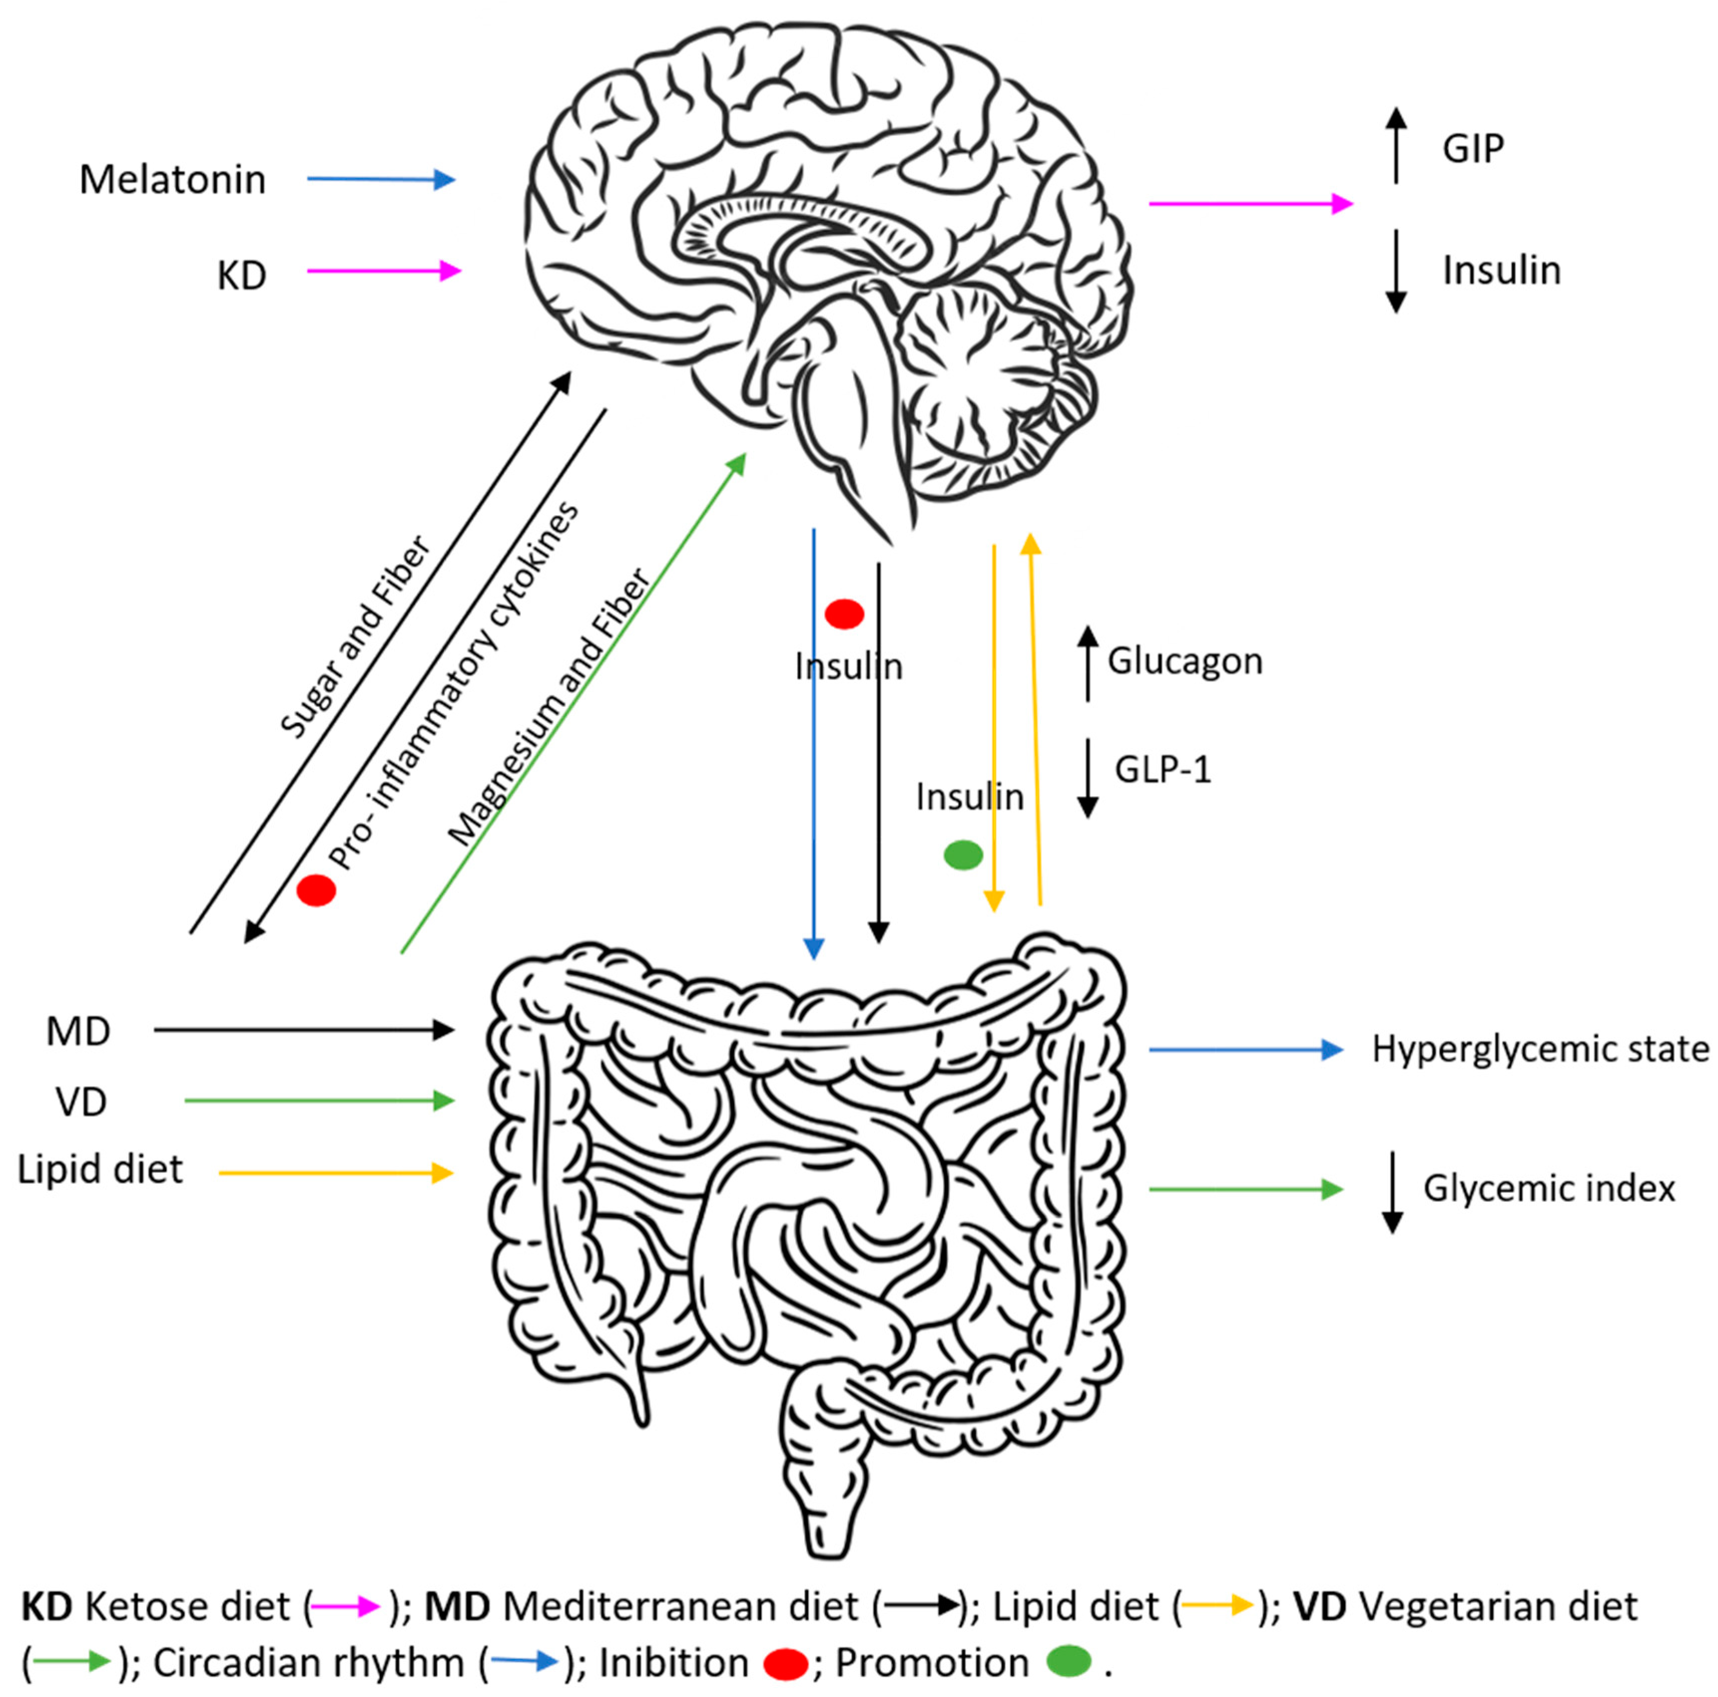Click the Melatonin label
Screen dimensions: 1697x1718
click(x=173, y=180)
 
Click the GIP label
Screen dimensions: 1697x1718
click(x=1472, y=149)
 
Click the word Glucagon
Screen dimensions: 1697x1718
click(x=1184, y=661)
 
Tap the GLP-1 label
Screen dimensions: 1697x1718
click(x=1163, y=769)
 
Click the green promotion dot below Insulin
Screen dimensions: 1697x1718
click(x=963, y=855)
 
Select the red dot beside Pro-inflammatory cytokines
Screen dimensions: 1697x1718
click(x=315, y=889)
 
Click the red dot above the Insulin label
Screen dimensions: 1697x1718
click(x=844, y=614)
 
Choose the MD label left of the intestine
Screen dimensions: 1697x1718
click(x=78, y=1031)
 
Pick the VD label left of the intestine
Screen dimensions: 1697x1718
click(x=81, y=1102)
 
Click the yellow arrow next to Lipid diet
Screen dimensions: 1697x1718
click(x=335, y=1173)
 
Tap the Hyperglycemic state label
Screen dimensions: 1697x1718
click(x=1540, y=1049)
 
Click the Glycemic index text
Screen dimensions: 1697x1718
click(x=1549, y=1188)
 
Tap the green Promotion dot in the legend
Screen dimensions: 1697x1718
click(x=1068, y=1662)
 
